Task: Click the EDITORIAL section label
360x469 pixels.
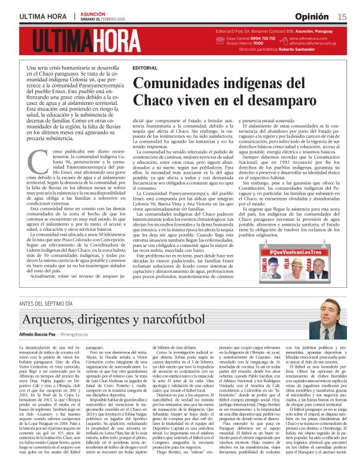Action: coord(145,67)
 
